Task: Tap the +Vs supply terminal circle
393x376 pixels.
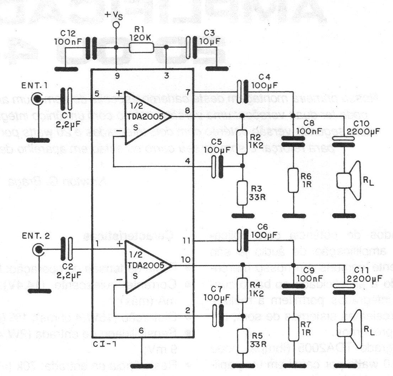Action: pyautogui.click(x=115, y=25)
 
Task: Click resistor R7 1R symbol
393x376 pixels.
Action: pyautogui.click(x=293, y=329)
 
